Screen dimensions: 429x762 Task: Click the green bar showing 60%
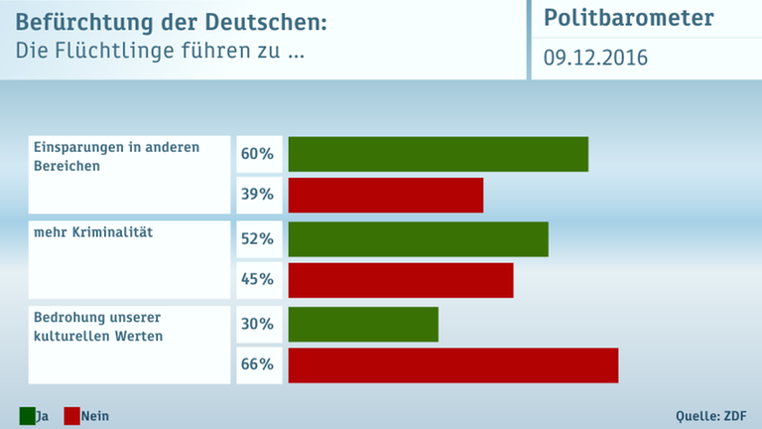tap(438, 154)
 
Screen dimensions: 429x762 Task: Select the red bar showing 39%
tap(385, 196)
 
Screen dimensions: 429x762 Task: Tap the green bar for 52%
tap(418, 239)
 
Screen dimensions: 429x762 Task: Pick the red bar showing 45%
tap(400, 280)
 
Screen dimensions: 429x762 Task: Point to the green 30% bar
tap(362, 324)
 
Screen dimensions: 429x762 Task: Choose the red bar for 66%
tap(452, 365)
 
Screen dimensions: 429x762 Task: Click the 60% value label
tap(257, 154)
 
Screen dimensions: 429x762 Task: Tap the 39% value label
tap(257, 196)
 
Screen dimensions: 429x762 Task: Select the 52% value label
tap(257, 239)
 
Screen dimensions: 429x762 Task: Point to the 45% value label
tap(257, 280)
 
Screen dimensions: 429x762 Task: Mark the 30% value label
tap(257, 324)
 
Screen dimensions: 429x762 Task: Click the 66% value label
tap(257, 365)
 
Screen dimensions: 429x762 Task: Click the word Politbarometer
tap(628, 19)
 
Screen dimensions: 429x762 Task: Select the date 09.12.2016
tap(595, 59)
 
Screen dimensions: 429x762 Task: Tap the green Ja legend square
tap(27, 415)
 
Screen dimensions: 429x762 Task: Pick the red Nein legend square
tap(71, 415)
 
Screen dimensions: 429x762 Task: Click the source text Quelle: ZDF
tap(710, 415)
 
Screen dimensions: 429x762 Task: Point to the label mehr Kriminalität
tap(91, 232)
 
